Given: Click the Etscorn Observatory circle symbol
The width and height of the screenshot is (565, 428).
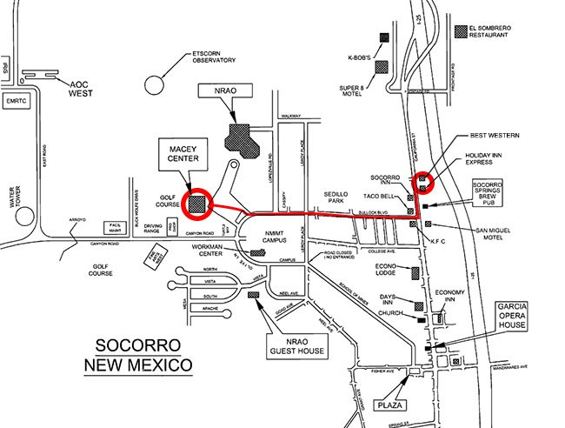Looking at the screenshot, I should point(156,84).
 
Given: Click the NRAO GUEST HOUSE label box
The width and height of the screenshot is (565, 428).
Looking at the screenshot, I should point(297,345).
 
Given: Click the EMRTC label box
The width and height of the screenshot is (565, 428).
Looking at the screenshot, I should point(16,101).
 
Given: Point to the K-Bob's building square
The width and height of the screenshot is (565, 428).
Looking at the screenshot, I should point(383,38).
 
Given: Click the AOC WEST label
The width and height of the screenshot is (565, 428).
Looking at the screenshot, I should point(83,87).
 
